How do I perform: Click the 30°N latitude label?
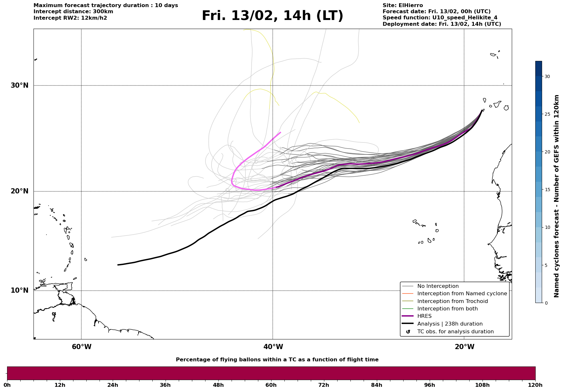click(19, 85)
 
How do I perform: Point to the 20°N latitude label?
click(19, 191)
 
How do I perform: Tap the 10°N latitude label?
click(19, 290)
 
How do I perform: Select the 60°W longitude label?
click(81, 347)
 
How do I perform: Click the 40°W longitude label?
click(273, 347)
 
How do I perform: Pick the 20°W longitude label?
click(464, 347)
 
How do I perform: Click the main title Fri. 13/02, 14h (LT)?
click(272, 16)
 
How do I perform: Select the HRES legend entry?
click(424, 316)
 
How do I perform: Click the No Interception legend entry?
click(438, 286)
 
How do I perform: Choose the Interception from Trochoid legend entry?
click(452, 301)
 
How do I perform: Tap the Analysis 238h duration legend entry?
click(450, 324)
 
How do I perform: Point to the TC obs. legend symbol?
click(408, 332)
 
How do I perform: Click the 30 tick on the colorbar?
click(547, 76)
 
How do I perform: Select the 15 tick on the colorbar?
click(547, 190)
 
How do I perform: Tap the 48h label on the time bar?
click(218, 385)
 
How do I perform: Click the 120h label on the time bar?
click(535, 385)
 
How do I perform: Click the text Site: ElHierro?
click(403, 5)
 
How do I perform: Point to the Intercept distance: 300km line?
click(73, 12)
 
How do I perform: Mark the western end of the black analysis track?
click(118, 265)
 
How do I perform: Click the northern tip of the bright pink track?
click(280, 132)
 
